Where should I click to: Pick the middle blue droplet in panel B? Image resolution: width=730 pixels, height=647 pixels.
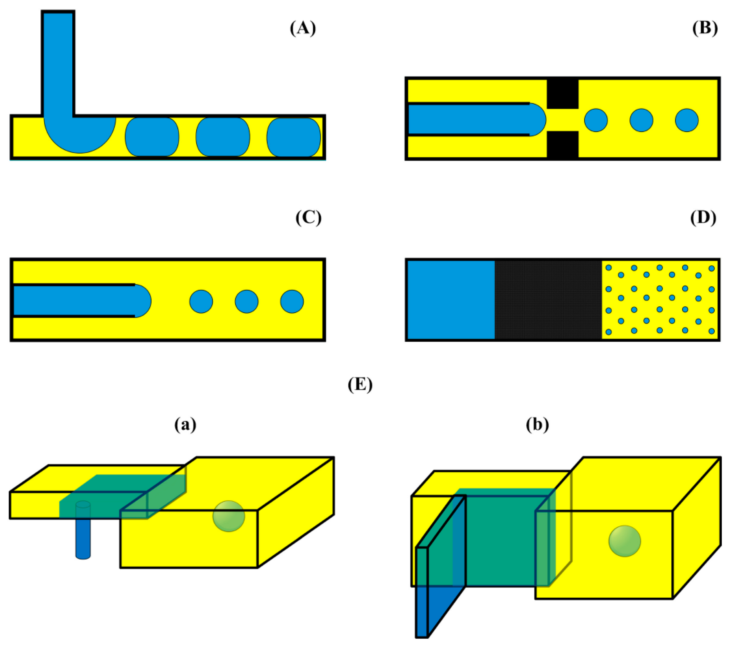[641, 120]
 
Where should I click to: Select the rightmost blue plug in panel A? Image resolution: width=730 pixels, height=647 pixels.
[293, 137]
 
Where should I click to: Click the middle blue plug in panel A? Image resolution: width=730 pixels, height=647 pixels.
[223, 137]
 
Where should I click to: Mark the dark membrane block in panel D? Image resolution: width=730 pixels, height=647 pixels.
[548, 300]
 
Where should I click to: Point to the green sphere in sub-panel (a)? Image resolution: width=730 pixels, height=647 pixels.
[229, 516]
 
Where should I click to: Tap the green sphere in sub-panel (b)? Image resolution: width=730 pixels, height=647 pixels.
[625, 541]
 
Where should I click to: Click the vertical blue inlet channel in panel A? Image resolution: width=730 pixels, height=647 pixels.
[58, 64]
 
